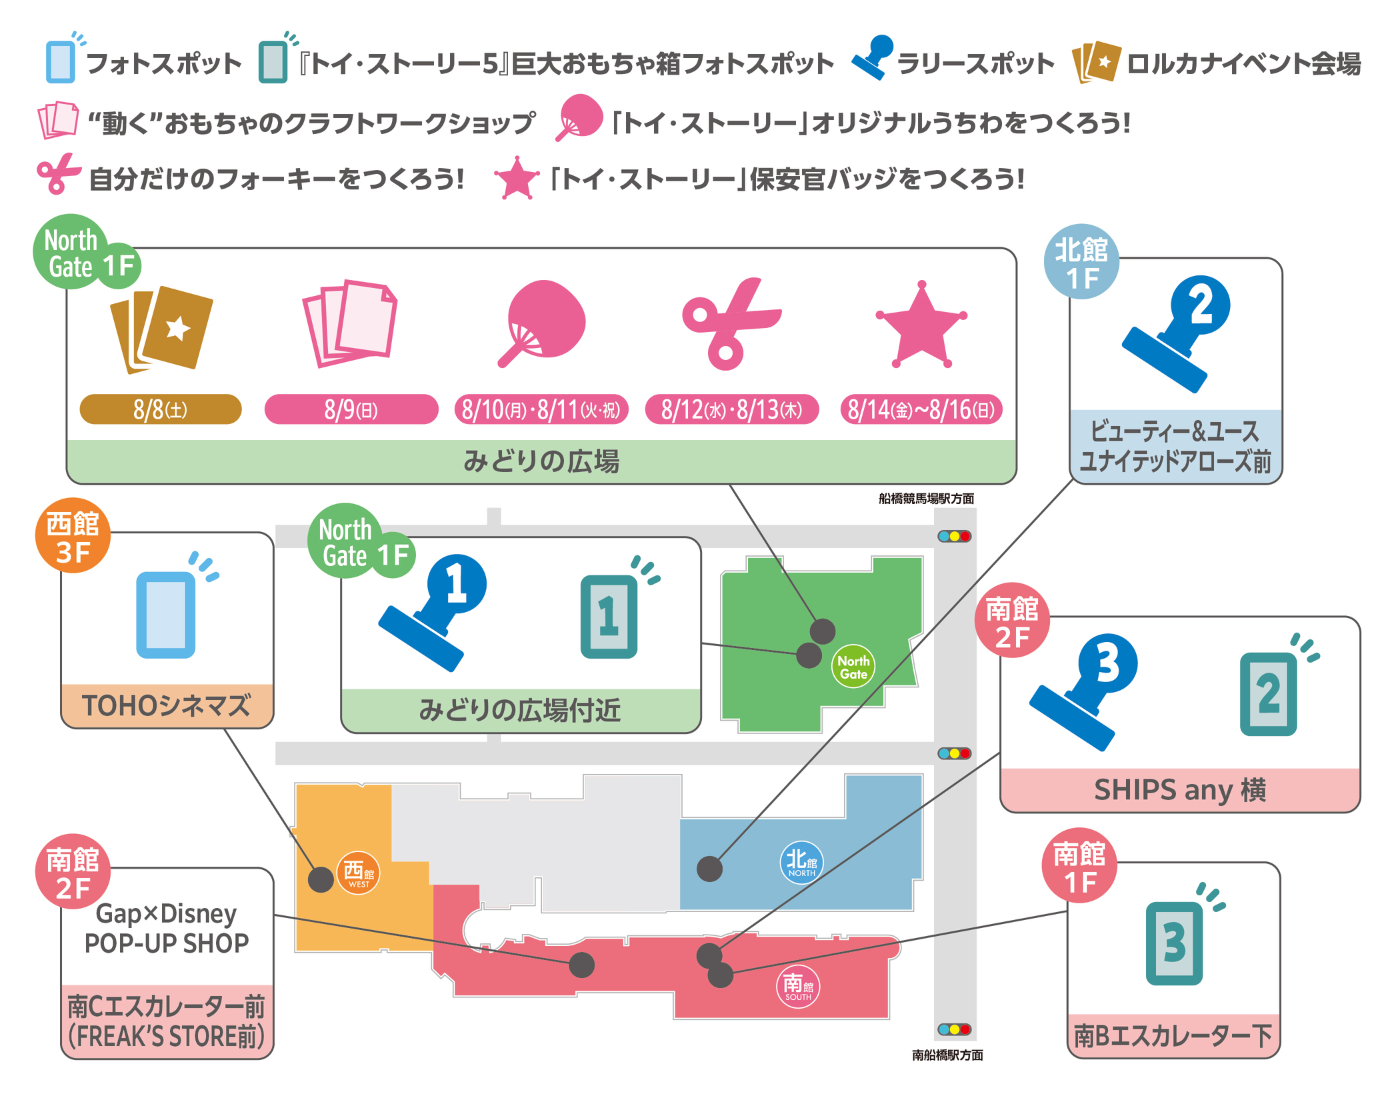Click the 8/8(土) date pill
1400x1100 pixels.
pos(161,409)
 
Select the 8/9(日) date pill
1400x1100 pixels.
pos(351,409)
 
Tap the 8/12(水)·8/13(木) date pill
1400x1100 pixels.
pos(731,409)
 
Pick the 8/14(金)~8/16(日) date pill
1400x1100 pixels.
pos(921,409)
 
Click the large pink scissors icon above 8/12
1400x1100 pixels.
pos(730,323)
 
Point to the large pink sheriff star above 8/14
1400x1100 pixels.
pos(921,325)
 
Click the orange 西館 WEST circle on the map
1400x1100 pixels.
pos(358,873)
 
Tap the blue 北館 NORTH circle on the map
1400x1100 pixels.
pos(801,862)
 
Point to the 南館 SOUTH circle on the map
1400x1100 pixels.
pos(798,987)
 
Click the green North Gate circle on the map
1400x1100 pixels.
pos(853,666)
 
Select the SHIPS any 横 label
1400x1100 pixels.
pos(1180,790)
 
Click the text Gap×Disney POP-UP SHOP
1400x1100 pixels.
pos(167,928)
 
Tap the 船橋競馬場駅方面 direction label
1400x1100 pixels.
pos(926,499)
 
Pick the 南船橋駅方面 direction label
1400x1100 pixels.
pos(947,1055)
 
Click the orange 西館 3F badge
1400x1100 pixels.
pos(73,535)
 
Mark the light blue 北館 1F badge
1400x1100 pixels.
pos(1081,261)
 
